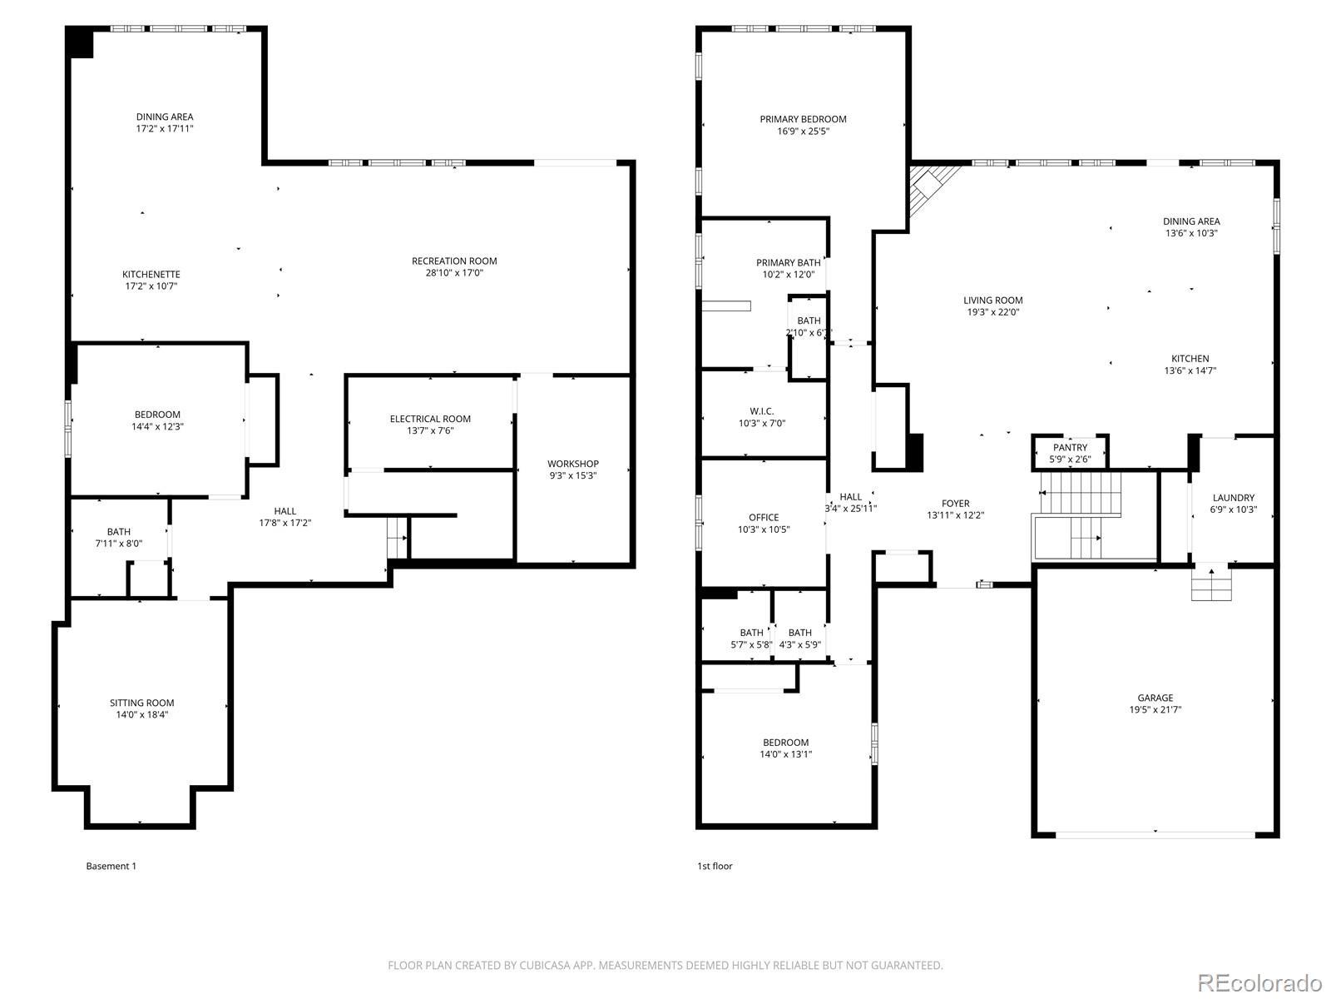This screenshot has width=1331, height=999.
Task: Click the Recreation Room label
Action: pos(454,261)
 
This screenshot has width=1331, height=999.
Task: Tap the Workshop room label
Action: pos(572,464)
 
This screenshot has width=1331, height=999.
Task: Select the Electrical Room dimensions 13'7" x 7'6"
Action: pos(430,430)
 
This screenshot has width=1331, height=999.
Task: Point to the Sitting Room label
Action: pos(142,703)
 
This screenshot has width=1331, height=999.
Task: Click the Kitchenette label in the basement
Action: pos(151,274)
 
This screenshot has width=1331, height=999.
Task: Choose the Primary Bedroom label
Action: pos(803,119)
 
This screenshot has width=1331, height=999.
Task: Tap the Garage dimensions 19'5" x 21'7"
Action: pos(1155,709)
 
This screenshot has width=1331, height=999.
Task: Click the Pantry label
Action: pos(1071,447)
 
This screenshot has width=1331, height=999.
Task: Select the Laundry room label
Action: pos(1234,497)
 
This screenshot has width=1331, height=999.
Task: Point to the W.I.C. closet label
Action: pos(762,411)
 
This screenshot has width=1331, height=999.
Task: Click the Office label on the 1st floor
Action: pos(764,517)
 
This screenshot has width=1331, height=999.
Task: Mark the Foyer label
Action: pos(955,503)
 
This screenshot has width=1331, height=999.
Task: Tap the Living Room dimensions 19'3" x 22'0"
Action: pos(992,311)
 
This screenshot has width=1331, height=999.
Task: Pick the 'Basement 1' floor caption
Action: pos(111,866)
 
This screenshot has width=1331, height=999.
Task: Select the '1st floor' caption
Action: pos(715,866)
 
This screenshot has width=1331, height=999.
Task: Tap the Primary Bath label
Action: pos(788,262)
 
